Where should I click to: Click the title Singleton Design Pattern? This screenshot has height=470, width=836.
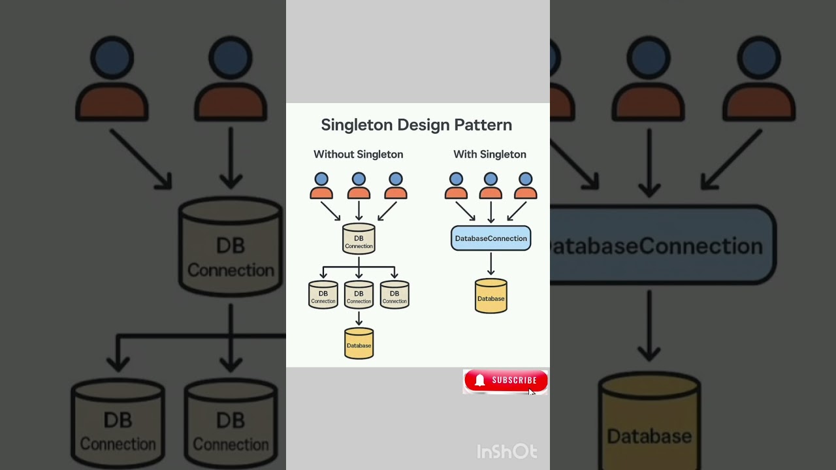coord(416,125)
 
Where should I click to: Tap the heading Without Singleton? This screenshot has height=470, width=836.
coord(358,155)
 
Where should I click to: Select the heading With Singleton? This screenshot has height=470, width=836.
coord(489,155)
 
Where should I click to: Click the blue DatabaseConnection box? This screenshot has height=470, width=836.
coord(490,238)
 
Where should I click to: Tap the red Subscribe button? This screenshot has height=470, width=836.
coord(506,381)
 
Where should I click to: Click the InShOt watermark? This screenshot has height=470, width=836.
coord(507,452)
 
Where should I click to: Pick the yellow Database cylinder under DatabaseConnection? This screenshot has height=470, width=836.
coord(490,296)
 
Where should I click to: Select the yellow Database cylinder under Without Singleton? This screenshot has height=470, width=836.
coord(359,343)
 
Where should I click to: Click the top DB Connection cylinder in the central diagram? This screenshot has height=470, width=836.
coord(359,239)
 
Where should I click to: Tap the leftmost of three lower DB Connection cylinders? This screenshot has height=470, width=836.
coord(323,294)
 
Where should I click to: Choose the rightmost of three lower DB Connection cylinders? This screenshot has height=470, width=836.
coord(394,294)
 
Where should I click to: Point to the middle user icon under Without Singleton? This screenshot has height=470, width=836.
coord(359,186)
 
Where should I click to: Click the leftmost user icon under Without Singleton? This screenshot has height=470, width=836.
coord(321,186)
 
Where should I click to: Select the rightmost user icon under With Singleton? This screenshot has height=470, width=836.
coord(525,186)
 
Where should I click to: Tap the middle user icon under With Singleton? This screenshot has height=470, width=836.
coord(490,186)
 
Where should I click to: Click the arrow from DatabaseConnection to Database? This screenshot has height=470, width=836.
coord(490,264)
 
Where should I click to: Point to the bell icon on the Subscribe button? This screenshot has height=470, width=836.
coord(480,381)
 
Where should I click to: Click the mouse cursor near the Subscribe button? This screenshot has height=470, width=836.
coord(532,392)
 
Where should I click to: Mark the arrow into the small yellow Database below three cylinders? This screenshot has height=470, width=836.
coord(359,319)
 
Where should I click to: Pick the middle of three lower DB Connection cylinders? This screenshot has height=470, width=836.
coord(359,294)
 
